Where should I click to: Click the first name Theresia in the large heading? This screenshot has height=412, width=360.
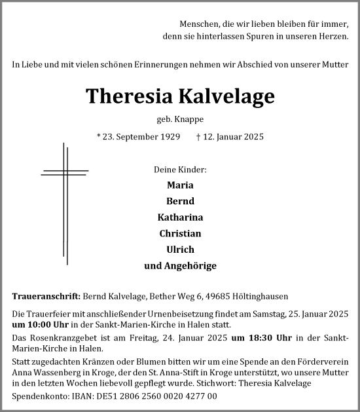[127, 96]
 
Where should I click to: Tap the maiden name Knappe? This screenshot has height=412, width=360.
[189, 119]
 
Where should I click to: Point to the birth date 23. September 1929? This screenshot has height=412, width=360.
[138, 137]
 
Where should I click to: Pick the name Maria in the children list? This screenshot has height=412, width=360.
[180, 185]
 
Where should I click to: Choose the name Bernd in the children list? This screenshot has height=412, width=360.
[180, 201]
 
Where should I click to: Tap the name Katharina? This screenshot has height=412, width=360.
[180, 217]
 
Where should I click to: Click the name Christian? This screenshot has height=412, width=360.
[180, 233]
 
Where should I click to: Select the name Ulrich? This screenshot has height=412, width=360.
[180, 250]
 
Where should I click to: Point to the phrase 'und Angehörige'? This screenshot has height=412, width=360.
[180, 266]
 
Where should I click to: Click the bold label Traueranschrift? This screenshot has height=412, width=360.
[46, 295]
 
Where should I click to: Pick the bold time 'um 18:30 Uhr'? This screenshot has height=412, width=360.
[256, 337]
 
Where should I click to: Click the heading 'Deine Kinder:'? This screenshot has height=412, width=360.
[180, 170]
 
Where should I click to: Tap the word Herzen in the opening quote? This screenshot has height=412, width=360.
[333, 37]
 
